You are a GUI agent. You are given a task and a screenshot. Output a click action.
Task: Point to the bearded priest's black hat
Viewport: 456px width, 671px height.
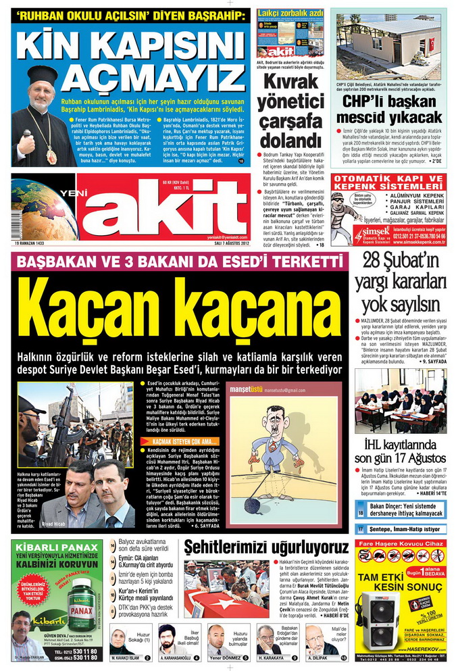click(42, 75)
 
